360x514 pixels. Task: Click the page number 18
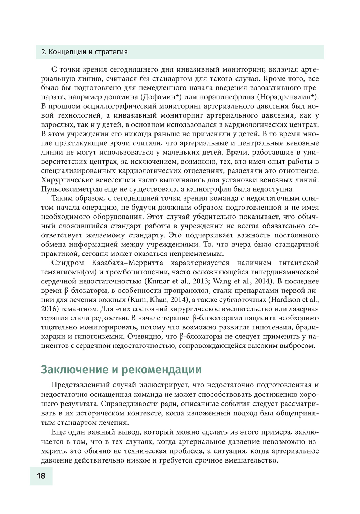pos(41,476)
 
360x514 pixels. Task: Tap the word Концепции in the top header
pos(65,52)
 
